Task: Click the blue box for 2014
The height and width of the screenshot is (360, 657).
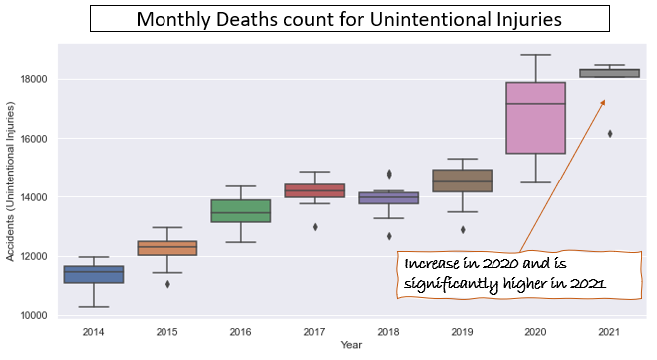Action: tap(93, 274)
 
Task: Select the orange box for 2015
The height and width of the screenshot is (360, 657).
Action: tap(167, 248)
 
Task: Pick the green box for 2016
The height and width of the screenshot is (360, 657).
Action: tap(241, 210)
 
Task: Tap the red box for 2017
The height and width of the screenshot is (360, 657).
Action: tap(315, 190)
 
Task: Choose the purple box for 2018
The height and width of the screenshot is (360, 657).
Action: tap(389, 197)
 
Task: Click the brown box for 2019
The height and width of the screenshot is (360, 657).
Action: tap(463, 180)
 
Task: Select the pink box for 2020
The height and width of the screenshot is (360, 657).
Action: tap(536, 118)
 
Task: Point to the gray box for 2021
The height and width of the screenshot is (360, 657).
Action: tap(610, 73)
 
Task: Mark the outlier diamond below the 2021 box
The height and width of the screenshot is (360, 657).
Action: tap(610, 134)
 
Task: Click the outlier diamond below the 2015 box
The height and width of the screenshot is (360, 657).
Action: tap(167, 284)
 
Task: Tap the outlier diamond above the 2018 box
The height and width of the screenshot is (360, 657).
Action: tap(389, 174)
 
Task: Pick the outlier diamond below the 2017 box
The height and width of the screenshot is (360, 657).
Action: tap(315, 227)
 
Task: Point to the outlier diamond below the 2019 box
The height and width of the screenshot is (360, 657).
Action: tap(463, 230)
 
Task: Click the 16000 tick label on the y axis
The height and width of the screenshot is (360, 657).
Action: tap(34, 139)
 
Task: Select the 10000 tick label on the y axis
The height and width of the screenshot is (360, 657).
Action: tap(34, 315)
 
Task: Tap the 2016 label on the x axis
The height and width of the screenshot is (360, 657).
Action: tap(241, 332)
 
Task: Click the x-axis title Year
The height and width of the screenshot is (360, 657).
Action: tap(351, 345)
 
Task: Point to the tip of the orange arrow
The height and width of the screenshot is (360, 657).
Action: tap(604, 100)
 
